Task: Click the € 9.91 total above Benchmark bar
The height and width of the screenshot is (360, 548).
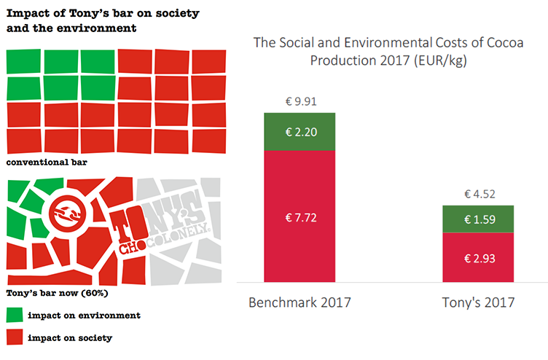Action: tap(301, 101)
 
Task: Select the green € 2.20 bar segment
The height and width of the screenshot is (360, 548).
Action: tap(300, 132)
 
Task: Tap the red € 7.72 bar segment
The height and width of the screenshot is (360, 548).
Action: tap(300, 216)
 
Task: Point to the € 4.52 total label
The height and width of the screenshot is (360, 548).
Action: tap(479, 194)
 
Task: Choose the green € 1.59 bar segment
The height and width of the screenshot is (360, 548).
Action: tap(478, 219)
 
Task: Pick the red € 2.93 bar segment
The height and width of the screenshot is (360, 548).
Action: tap(478, 257)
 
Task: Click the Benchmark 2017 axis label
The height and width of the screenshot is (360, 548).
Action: tap(300, 302)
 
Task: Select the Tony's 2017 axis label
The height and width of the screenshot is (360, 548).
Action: tap(478, 302)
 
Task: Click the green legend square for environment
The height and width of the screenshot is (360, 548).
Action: tap(15, 315)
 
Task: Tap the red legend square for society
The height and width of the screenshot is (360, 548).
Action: tap(15, 337)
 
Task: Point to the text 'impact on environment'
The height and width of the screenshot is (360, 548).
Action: tap(85, 316)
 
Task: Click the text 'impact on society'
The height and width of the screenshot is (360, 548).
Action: tap(70, 337)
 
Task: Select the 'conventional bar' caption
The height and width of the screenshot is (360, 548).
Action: tap(47, 163)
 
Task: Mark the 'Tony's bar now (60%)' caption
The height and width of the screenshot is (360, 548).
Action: tap(58, 293)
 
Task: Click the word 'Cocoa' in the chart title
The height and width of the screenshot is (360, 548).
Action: tap(505, 43)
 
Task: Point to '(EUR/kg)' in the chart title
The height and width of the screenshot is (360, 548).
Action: tap(440, 60)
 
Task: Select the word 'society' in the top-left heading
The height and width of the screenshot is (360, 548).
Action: tap(178, 13)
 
